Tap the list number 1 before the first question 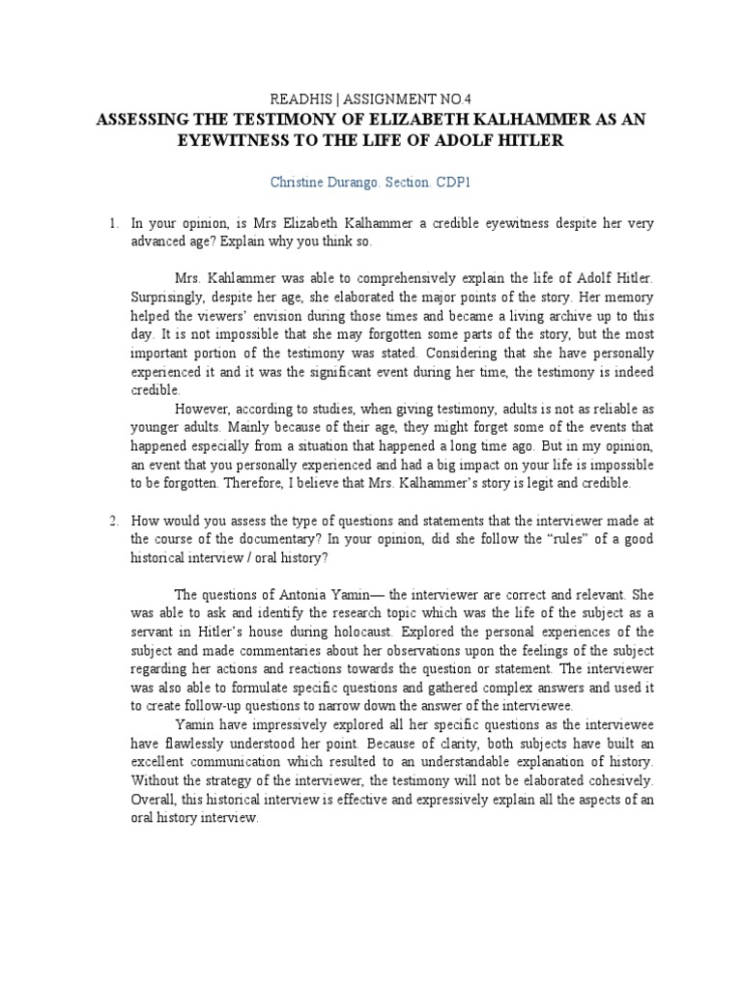(x=113, y=223)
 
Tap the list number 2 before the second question (x=113, y=521)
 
